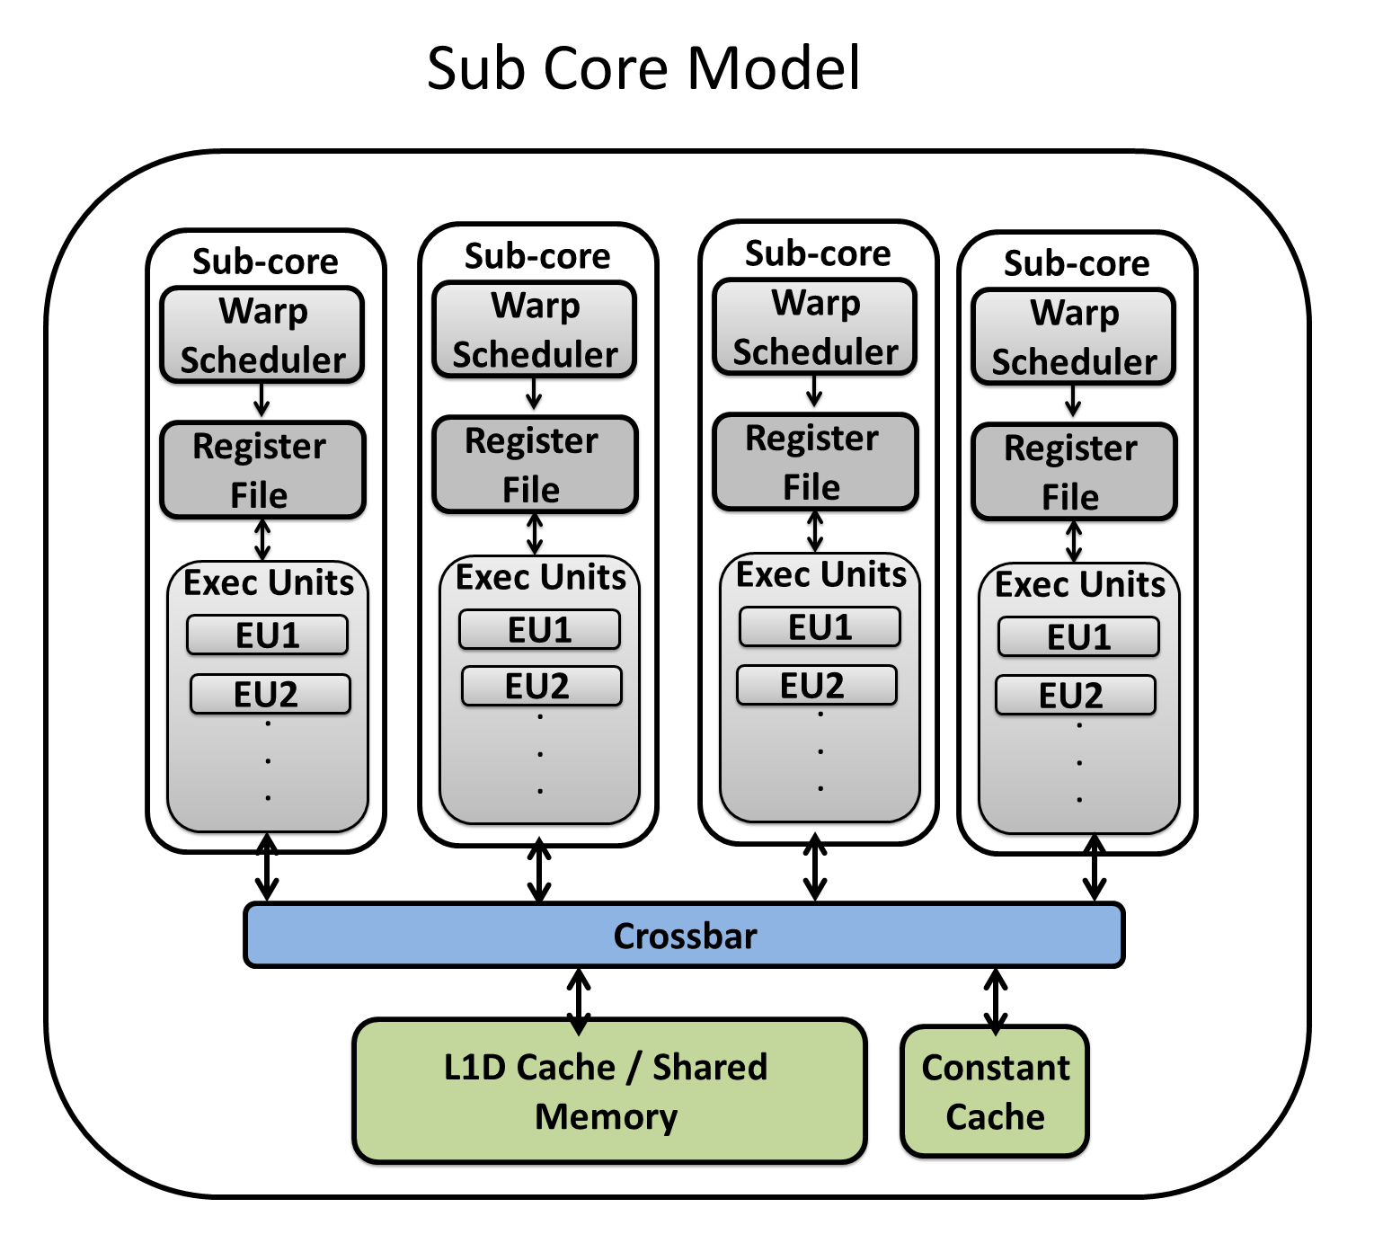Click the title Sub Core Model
(643, 68)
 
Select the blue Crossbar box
(684, 936)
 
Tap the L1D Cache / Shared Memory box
(608, 1091)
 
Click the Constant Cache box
(995, 1091)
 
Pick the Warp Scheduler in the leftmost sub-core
(262, 335)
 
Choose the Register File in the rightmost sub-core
(1074, 472)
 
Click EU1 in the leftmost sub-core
(267, 635)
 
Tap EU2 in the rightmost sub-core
(1075, 696)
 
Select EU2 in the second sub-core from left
(541, 687)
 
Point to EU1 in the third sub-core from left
(820, 627)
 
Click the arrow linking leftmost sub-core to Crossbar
(267, 868)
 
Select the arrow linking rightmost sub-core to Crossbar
(1094, 869)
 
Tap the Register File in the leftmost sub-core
(262, 470)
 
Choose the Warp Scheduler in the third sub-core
(814, 327)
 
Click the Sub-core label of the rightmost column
(1077, 263)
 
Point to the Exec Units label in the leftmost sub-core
(269, 582)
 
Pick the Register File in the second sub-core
(535, 465)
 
